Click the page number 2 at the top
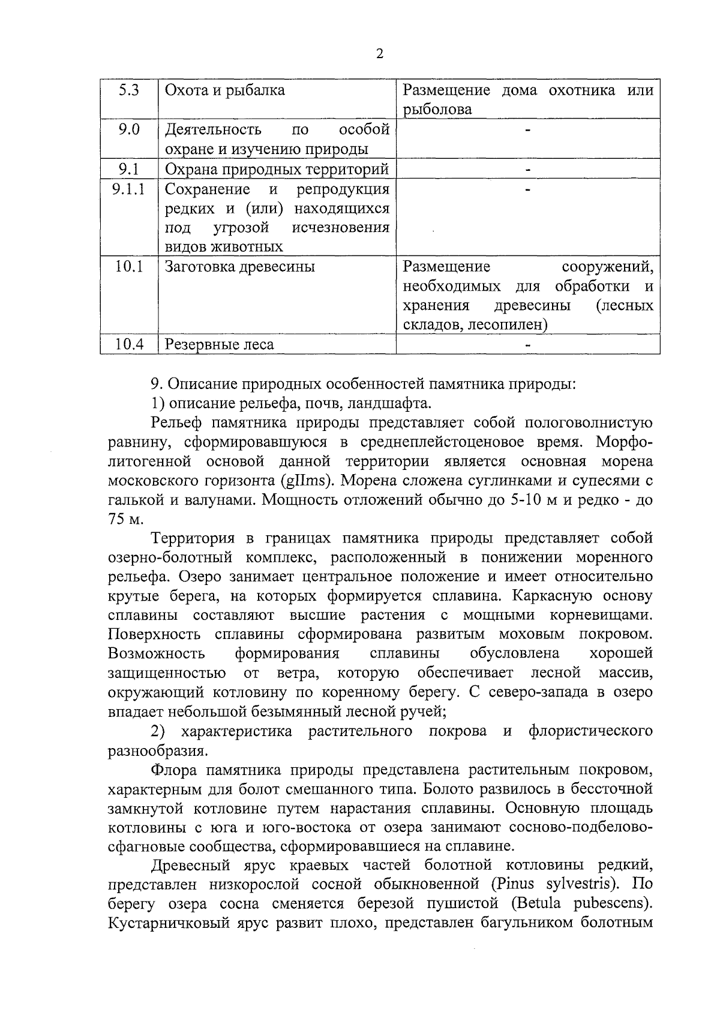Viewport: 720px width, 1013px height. point(379,53)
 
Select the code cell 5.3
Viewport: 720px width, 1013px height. point(128,91)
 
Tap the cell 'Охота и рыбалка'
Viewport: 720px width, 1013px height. point(224,91)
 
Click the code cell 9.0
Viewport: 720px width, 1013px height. point(128,129)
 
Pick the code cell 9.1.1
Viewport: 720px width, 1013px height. point(128,189)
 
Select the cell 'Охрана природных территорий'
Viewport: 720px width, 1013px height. point(277,170)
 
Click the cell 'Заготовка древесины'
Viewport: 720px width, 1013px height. point(239,267)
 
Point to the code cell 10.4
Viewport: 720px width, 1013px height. point(128,345)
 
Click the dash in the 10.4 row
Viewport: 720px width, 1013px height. point(528,345)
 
